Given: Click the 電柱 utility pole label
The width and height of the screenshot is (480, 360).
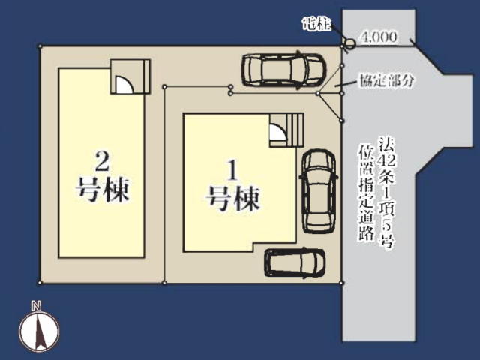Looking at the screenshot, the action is [316, 24].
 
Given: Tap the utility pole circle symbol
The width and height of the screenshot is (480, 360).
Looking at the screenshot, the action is [350, 44].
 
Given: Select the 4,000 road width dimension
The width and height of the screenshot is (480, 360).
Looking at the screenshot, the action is [379, 37].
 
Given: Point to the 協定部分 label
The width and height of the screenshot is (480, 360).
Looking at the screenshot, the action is [387, 81].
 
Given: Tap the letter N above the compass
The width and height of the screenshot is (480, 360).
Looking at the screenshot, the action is [36, 306].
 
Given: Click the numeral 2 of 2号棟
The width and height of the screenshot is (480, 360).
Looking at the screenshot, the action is [102, 161].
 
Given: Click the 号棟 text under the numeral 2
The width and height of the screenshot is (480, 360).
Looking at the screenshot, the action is [103, 190].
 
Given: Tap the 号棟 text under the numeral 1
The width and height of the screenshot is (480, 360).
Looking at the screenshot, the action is [233, 198].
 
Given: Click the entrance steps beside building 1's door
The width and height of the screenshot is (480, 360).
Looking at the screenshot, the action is [295, 130].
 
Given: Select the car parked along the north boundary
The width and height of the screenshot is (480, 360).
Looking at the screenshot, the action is [283, 70].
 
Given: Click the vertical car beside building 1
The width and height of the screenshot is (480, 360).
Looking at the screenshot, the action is [319, 191].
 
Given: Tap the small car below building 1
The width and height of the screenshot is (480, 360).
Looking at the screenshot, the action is [295, 262].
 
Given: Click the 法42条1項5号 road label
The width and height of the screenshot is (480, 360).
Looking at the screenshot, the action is [387, 192].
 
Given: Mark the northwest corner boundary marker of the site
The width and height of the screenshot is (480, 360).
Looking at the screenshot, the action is [40, 46].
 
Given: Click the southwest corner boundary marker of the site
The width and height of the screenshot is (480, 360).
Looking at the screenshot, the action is [40, 283].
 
